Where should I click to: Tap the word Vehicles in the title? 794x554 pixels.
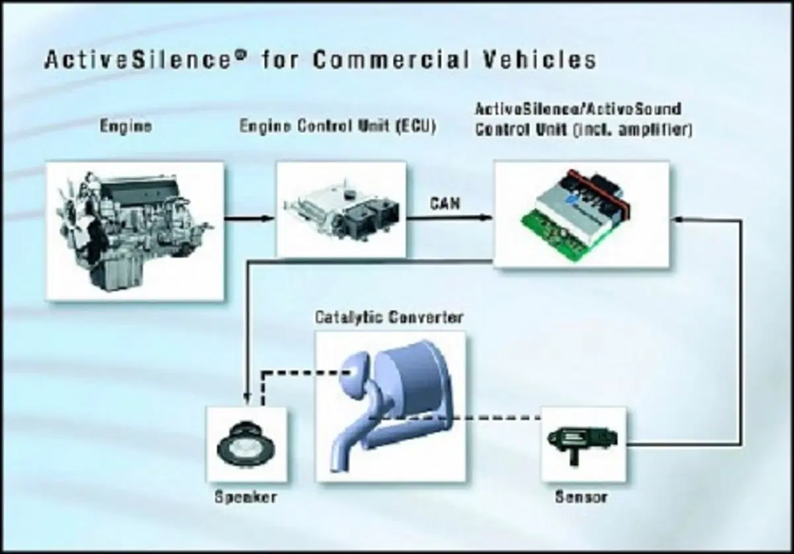click(x=539, y=59)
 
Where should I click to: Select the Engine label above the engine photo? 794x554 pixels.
click(x=126, y=126)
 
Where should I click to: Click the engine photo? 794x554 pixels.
click(x=135, y=231)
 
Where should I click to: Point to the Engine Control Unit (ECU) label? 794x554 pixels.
click(x=337, y=126)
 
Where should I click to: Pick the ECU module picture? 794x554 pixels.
click(x=341, y=210)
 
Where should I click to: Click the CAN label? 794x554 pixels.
click(x=445, y=204)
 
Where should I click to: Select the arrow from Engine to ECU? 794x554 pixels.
click(x=249, y=219)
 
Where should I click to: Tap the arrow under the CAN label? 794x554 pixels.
click(x=450, y=218)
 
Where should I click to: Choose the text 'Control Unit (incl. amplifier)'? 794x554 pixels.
click(x=584, y=130)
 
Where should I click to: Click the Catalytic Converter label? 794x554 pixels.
click(x=389, y=317)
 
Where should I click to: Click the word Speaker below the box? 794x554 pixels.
click(x=245, y=497)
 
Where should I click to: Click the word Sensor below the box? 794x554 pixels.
click(x=582, y=497)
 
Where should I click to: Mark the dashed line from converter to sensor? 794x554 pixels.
click(x=455, y=418)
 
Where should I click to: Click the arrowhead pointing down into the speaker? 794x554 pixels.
click(x=247, y=398)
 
